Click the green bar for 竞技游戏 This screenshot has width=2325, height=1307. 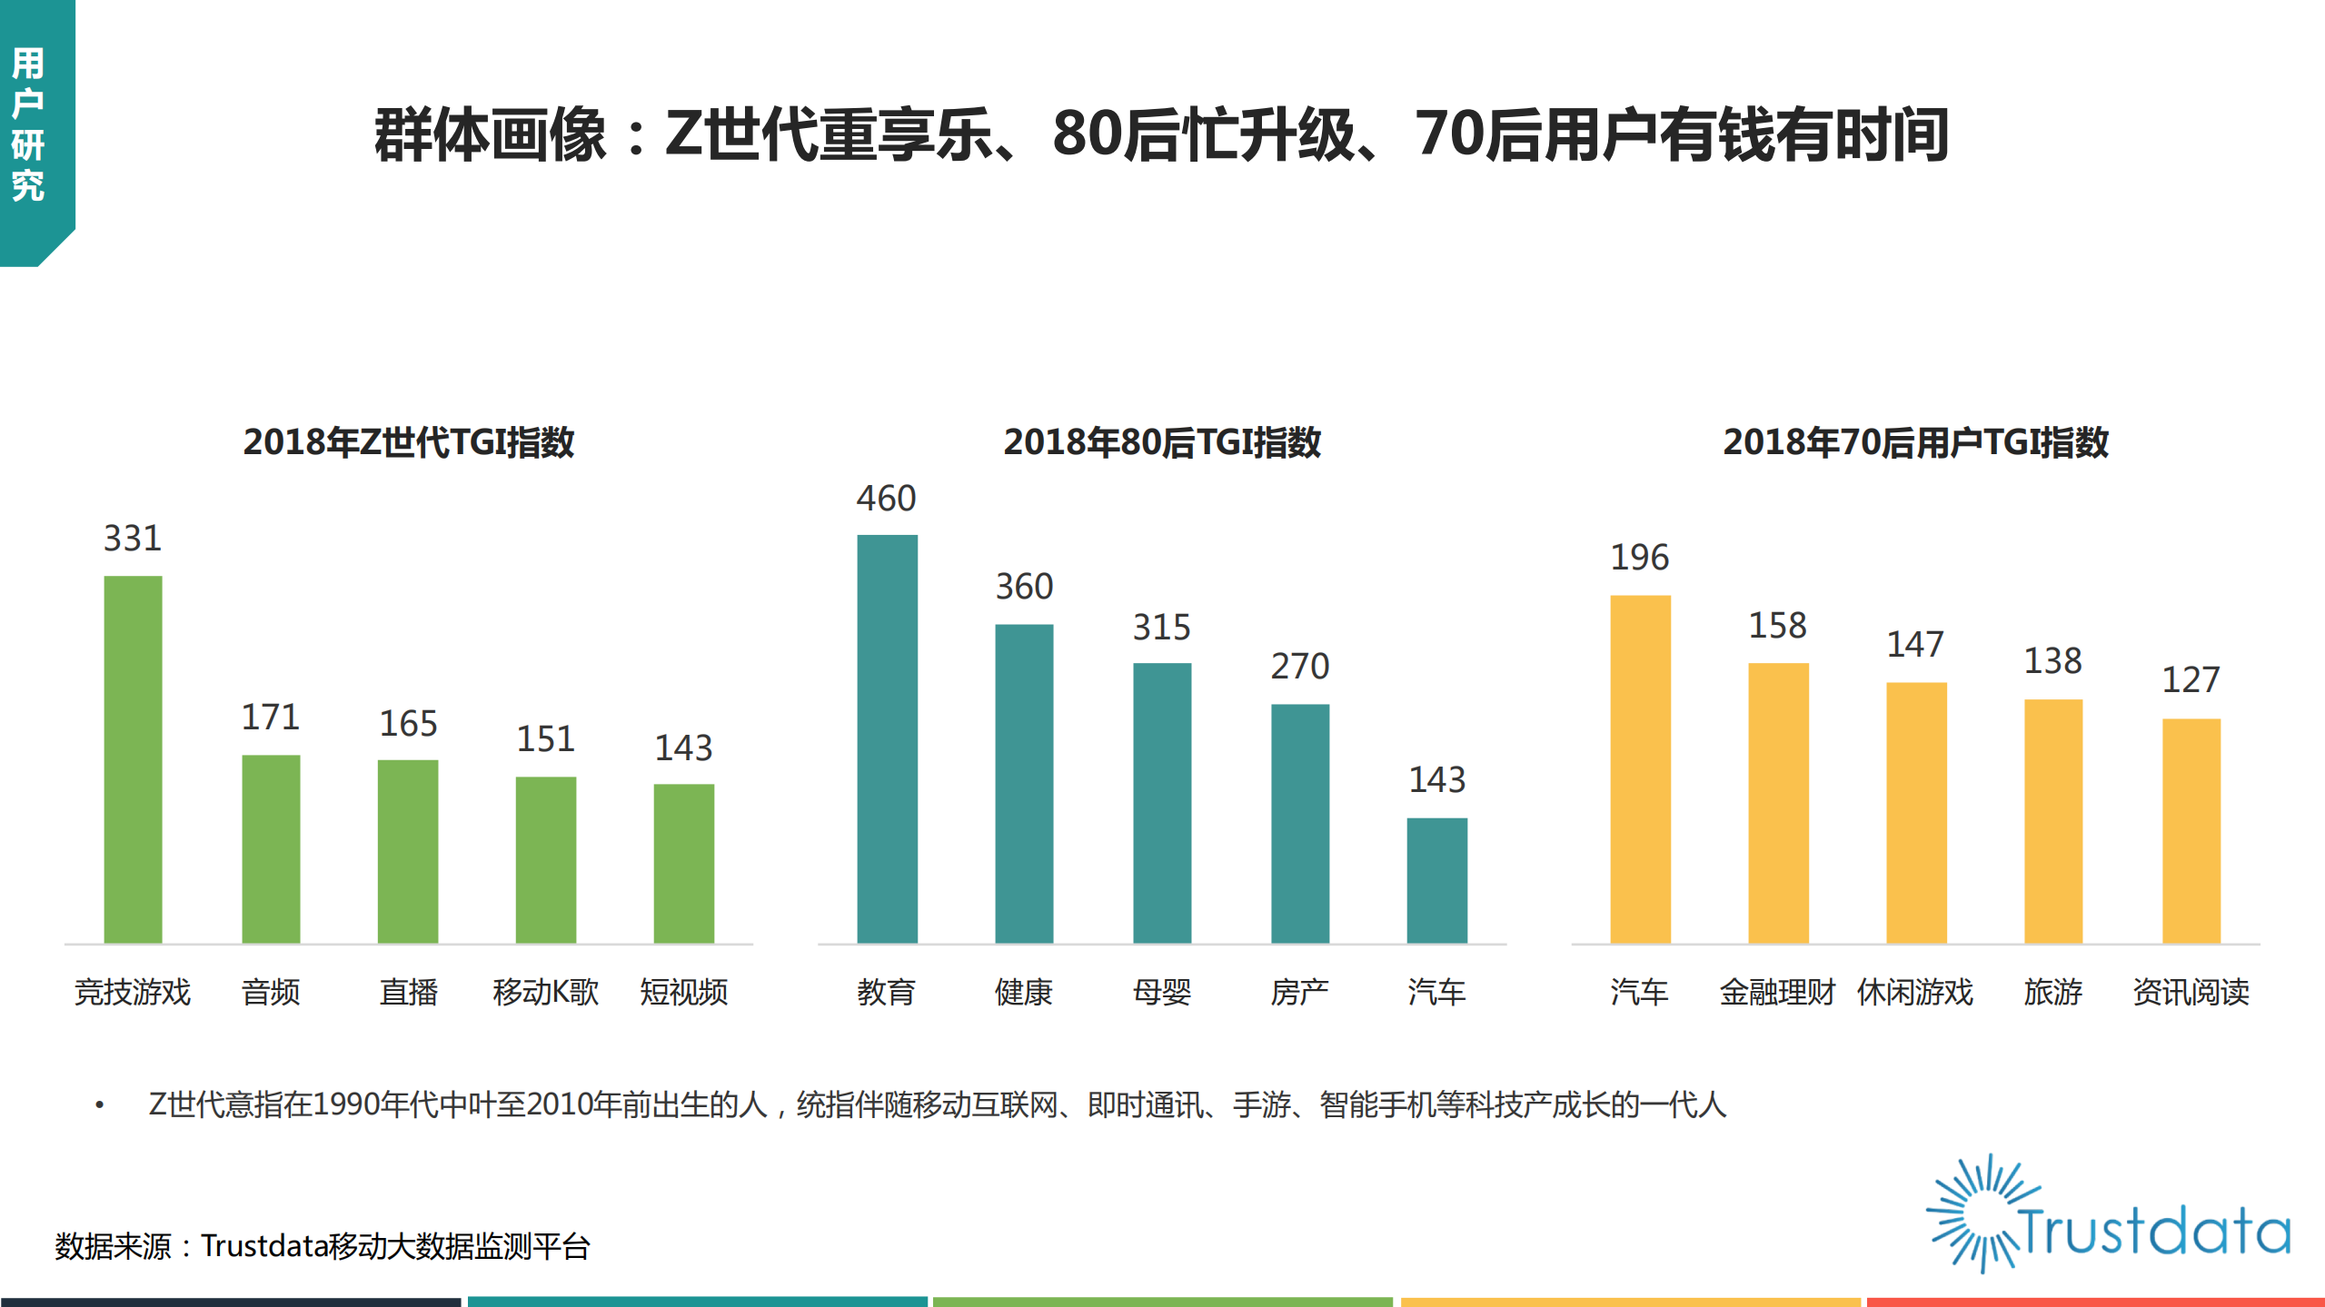(x=133, y=759)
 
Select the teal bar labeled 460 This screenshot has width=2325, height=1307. (x=887, y=738)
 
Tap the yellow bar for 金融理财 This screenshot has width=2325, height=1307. (x=1778, y=803)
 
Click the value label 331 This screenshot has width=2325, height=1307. (x=133, y=539)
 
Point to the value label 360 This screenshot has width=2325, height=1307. (x=1024, y=587)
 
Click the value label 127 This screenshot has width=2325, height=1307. (x=2191, y=680)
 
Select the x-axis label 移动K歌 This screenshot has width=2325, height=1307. (x=545, y=992)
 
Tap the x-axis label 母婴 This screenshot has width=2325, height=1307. (x=1161, y=992)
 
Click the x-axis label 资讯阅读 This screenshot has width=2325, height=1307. (x=2191, y=992)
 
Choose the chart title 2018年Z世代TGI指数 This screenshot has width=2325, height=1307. (x=408, y=442)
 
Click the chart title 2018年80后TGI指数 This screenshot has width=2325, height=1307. (x=1161, y=442)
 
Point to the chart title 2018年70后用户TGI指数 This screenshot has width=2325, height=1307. (x=1915, y=442)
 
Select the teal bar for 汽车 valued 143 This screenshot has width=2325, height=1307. (x=1436, y=880)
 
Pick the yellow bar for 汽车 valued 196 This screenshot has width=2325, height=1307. (x=1640, y=768)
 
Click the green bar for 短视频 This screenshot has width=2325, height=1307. (x=683, y=863)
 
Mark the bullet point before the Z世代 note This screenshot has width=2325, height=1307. (x=100, y=1105)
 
